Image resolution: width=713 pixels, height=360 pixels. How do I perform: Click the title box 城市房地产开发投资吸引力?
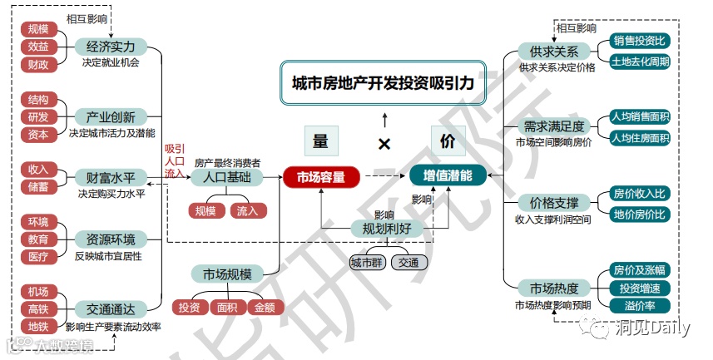(382, 83)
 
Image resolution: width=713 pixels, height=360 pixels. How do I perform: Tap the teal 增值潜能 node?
(448, 176)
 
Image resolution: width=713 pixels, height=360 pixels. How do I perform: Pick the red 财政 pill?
(38, 63)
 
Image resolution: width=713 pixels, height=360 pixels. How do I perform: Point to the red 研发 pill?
(38, 116)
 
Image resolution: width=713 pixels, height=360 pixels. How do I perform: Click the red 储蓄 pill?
(38, 186)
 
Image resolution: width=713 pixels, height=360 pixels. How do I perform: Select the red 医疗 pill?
(38, 257)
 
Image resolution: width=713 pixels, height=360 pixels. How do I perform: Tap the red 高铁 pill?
(38, 308)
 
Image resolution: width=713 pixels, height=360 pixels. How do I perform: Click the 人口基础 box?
(226, 177)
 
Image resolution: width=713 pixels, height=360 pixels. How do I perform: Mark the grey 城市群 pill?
(367, 263)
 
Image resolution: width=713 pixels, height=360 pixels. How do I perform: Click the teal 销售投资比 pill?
(639, 41)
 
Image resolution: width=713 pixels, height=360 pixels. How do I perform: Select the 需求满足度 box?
(553, 126)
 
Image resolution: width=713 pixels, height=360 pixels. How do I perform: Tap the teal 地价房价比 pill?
(639, 214)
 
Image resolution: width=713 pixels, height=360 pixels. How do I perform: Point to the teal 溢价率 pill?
(639, 306)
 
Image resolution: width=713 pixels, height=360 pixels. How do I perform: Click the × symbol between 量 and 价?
(384, 144)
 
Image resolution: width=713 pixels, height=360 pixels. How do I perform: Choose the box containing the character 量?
(320, 141)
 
